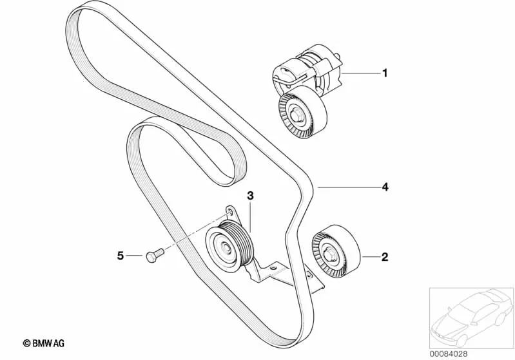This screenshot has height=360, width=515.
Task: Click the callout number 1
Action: (x=385, y=73)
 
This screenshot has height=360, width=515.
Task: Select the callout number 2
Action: (x=385, y=256)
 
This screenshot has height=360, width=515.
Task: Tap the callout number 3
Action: (x=250, y=196)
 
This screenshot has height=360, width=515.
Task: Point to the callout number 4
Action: (x=385, y=187)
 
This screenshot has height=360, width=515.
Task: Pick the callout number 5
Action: (x=121, y=255)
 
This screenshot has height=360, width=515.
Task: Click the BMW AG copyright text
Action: (x=44, y=343)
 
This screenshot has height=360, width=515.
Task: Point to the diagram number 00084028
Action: (x=449, y=354)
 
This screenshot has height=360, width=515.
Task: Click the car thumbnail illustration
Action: (x=471, y=317)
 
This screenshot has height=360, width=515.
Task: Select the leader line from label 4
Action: (x=349, y=187)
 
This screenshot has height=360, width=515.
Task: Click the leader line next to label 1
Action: (x=361, y=73)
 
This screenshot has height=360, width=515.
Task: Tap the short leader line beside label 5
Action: (x=134, y=255)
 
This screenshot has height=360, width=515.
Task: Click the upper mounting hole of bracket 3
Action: (x=230, y=210)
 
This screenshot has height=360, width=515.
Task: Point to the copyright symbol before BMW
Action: (x=26, y=343)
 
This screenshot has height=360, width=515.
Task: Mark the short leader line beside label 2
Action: (x=370, y=256)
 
